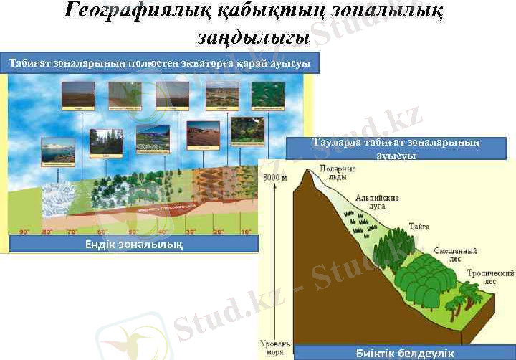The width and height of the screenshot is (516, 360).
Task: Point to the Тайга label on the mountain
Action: [x=419, y=226]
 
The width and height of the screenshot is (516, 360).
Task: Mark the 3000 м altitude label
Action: [x=274, y=178]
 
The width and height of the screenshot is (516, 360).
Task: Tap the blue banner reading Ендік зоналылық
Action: [x=133, y=245]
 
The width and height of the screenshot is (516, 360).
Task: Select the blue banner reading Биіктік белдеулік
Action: [x=404, y=353]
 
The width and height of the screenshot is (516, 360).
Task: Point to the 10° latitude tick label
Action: [x=246, y=232]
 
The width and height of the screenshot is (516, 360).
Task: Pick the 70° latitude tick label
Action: [x=72, y=232]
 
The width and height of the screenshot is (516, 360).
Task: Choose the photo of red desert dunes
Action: [x=203, y=134]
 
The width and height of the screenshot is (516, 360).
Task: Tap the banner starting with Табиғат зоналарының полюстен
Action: [x=159, y=63]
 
